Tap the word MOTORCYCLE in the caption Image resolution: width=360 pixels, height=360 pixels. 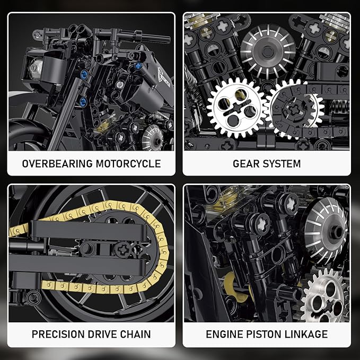128,163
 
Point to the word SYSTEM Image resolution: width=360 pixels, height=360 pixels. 283,163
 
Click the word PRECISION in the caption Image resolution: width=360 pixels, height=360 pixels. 59,334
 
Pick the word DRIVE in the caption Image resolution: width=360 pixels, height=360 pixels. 106,334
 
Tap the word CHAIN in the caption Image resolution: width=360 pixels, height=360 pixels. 136,334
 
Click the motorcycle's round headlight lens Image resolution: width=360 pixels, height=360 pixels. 36,67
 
